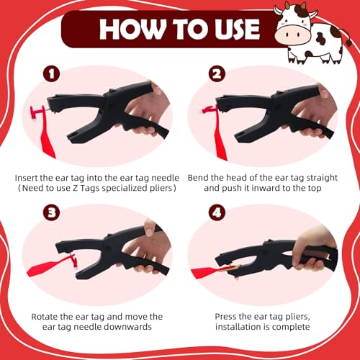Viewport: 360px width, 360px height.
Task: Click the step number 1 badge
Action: (51, 74)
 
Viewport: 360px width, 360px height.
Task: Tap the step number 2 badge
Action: (217, 74)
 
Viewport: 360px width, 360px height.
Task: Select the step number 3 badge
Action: (51, 212)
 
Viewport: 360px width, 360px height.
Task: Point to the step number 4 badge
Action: (217, 212)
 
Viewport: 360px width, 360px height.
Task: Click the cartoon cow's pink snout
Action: (290, 35)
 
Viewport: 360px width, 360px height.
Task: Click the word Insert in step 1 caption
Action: (26, 178)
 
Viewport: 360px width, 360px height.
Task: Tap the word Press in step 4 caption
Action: (225, 317)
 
